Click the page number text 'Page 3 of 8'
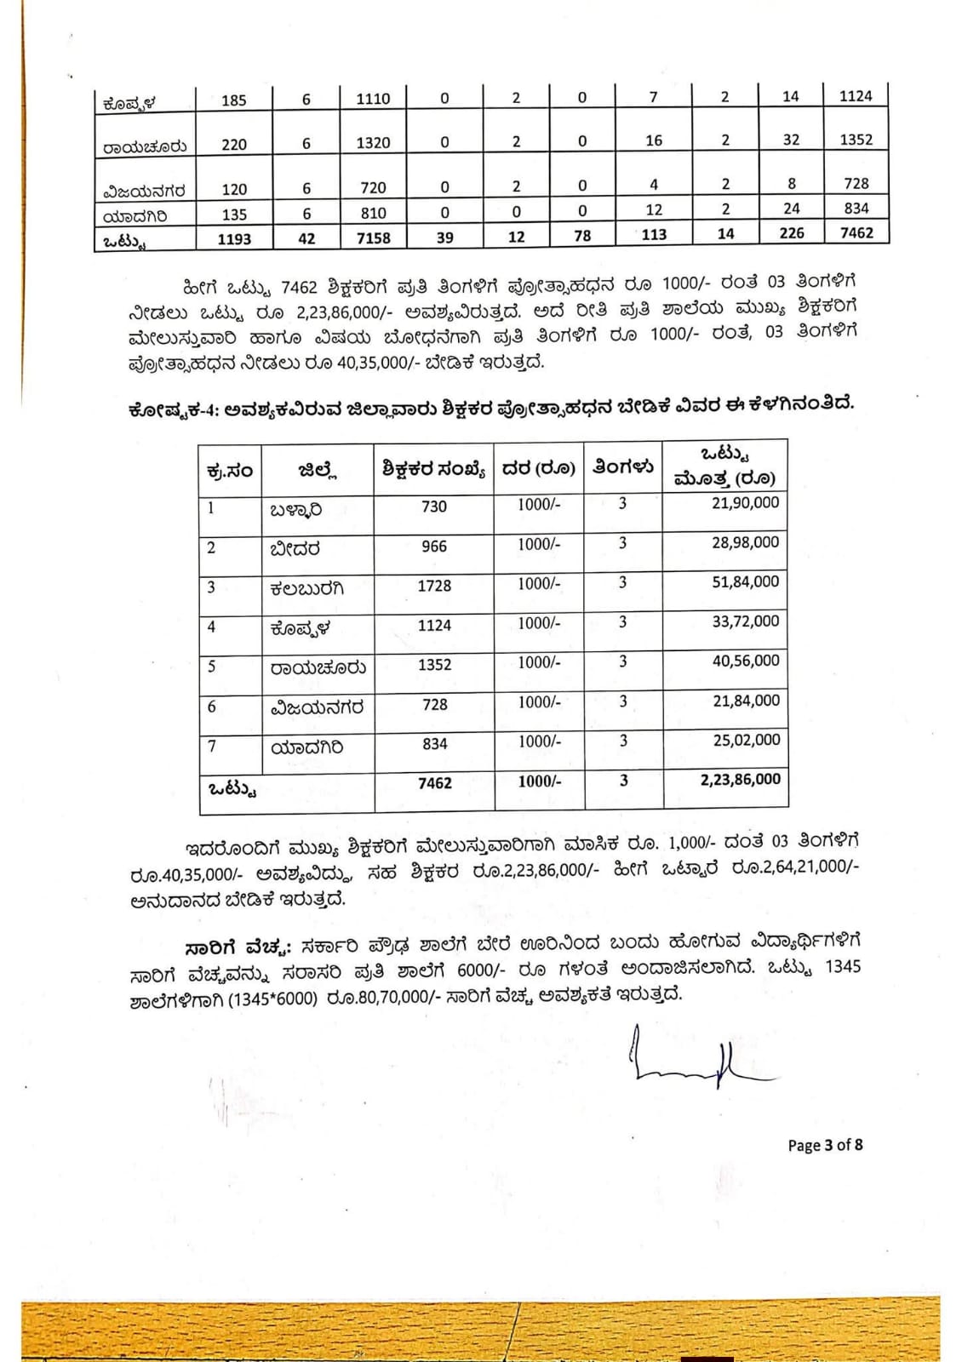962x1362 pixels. point(825,1145)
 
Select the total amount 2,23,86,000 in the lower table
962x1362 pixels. point(740,779)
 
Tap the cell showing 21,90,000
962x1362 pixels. point(745,503)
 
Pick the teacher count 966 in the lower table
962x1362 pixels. point(434,547)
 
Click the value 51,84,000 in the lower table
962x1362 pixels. point(745,582)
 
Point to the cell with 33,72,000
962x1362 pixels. point(745,621)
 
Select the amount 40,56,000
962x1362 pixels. point(745,661)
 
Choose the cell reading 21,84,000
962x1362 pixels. point(745,701)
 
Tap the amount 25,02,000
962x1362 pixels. point(746,740)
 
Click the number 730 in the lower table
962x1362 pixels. point(434,506)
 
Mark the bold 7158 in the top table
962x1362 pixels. point(373,237)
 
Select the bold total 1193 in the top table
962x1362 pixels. point(234,238)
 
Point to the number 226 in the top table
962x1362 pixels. point(791,233)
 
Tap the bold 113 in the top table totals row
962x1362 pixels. point(654,235)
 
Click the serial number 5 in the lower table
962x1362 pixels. point(212,666)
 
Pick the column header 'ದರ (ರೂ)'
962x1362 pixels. point(538,468)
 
